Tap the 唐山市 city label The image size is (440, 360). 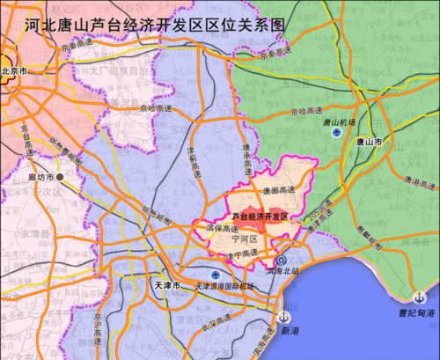click(368, 141)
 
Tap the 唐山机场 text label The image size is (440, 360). click(338, 121)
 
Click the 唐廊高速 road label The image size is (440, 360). click(279, 188)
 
